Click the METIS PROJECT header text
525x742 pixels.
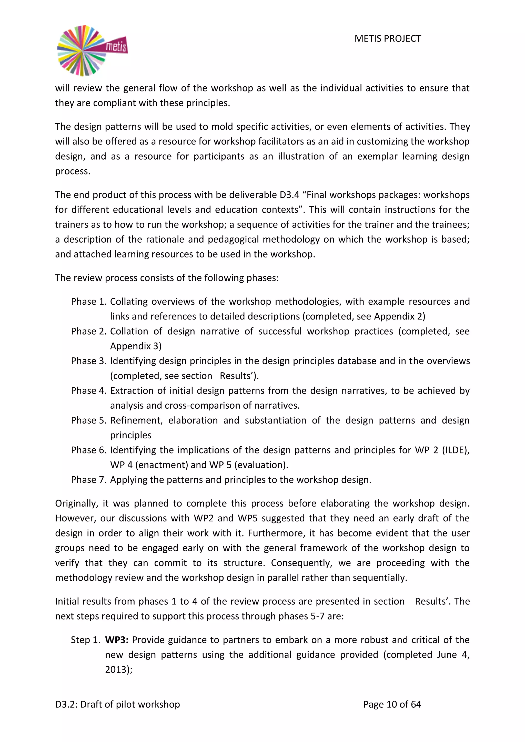click(388, 39)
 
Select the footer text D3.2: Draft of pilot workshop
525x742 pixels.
click(117, 704)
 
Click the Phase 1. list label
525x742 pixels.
click(89, 302)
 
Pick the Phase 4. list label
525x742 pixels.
click(89, 391)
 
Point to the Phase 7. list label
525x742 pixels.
click(89, 480)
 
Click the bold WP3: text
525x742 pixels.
click(117, 640)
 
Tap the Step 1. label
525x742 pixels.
click(86, 640)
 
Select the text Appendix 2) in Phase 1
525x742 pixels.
click(400, 316)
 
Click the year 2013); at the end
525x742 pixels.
click(119, 669)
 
